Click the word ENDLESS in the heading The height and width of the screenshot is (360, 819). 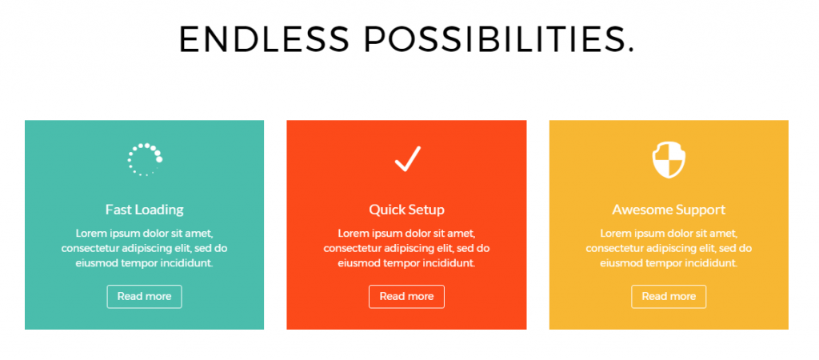click(264, 39)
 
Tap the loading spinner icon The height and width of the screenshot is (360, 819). click(146, 159)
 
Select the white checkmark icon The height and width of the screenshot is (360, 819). click(408, 159)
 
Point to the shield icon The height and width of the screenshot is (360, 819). click(669, 160)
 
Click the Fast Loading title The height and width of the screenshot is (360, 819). click(145, 210)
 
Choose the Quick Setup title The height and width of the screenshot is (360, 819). click(407, 210)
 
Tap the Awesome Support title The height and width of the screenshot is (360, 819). click(669, 210)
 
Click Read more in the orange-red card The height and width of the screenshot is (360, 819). click(406, 296)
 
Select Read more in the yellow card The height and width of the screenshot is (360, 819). click(669, 296)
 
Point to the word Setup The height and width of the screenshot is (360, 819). click(427, 210)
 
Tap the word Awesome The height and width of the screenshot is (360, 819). click(639, 210)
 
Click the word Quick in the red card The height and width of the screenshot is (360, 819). click(387, 210)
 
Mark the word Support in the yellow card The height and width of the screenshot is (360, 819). click(697, 210)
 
